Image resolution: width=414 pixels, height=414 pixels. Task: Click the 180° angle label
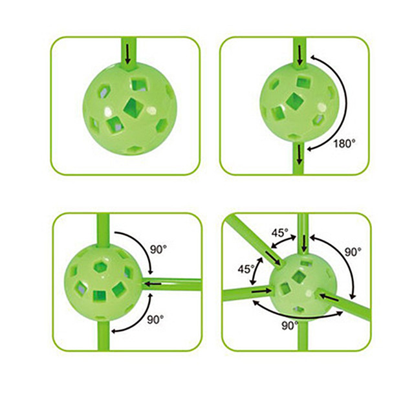[x=344, y=144]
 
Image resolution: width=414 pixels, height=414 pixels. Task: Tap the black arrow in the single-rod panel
[x=128, y=54]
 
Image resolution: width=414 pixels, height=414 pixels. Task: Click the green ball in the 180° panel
[x=299, y=102]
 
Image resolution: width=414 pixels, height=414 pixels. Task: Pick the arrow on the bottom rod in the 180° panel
[x=299, y=154]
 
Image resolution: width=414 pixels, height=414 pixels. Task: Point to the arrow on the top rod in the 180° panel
[x=300, y=55]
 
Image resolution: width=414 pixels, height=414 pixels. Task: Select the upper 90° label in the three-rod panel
[x=158, y=249]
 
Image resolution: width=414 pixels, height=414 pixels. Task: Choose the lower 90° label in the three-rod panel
[x=155, y=320]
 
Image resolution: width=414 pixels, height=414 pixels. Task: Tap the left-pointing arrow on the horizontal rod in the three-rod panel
[x=153, y=284]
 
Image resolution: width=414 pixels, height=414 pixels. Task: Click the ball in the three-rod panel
[x=103, y=283]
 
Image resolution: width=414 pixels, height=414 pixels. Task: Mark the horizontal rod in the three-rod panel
[x=171, y=285]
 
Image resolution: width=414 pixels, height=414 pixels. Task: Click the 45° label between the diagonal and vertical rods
[x=280, y=233]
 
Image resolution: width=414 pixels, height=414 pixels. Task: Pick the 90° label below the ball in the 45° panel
[x=290, y=325]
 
